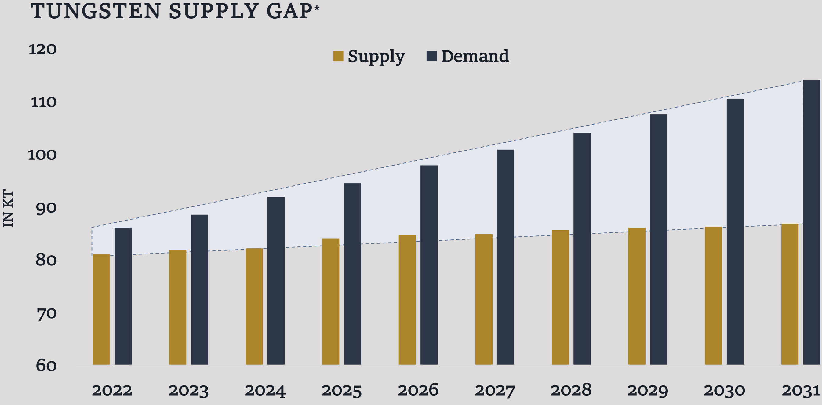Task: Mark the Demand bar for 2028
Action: [x=582, y=249]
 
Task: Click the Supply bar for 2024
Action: [x=254, y=306]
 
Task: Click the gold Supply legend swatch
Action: [x=338, y=56]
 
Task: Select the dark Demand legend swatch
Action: [x=431, y=56]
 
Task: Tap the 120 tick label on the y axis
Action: [x=42, y=49]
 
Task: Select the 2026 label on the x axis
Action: [x=418, y=390]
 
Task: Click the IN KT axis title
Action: [x=8, y=209]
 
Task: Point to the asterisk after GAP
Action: [x=317, y=8]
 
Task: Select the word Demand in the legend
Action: [x=475, y=57]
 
